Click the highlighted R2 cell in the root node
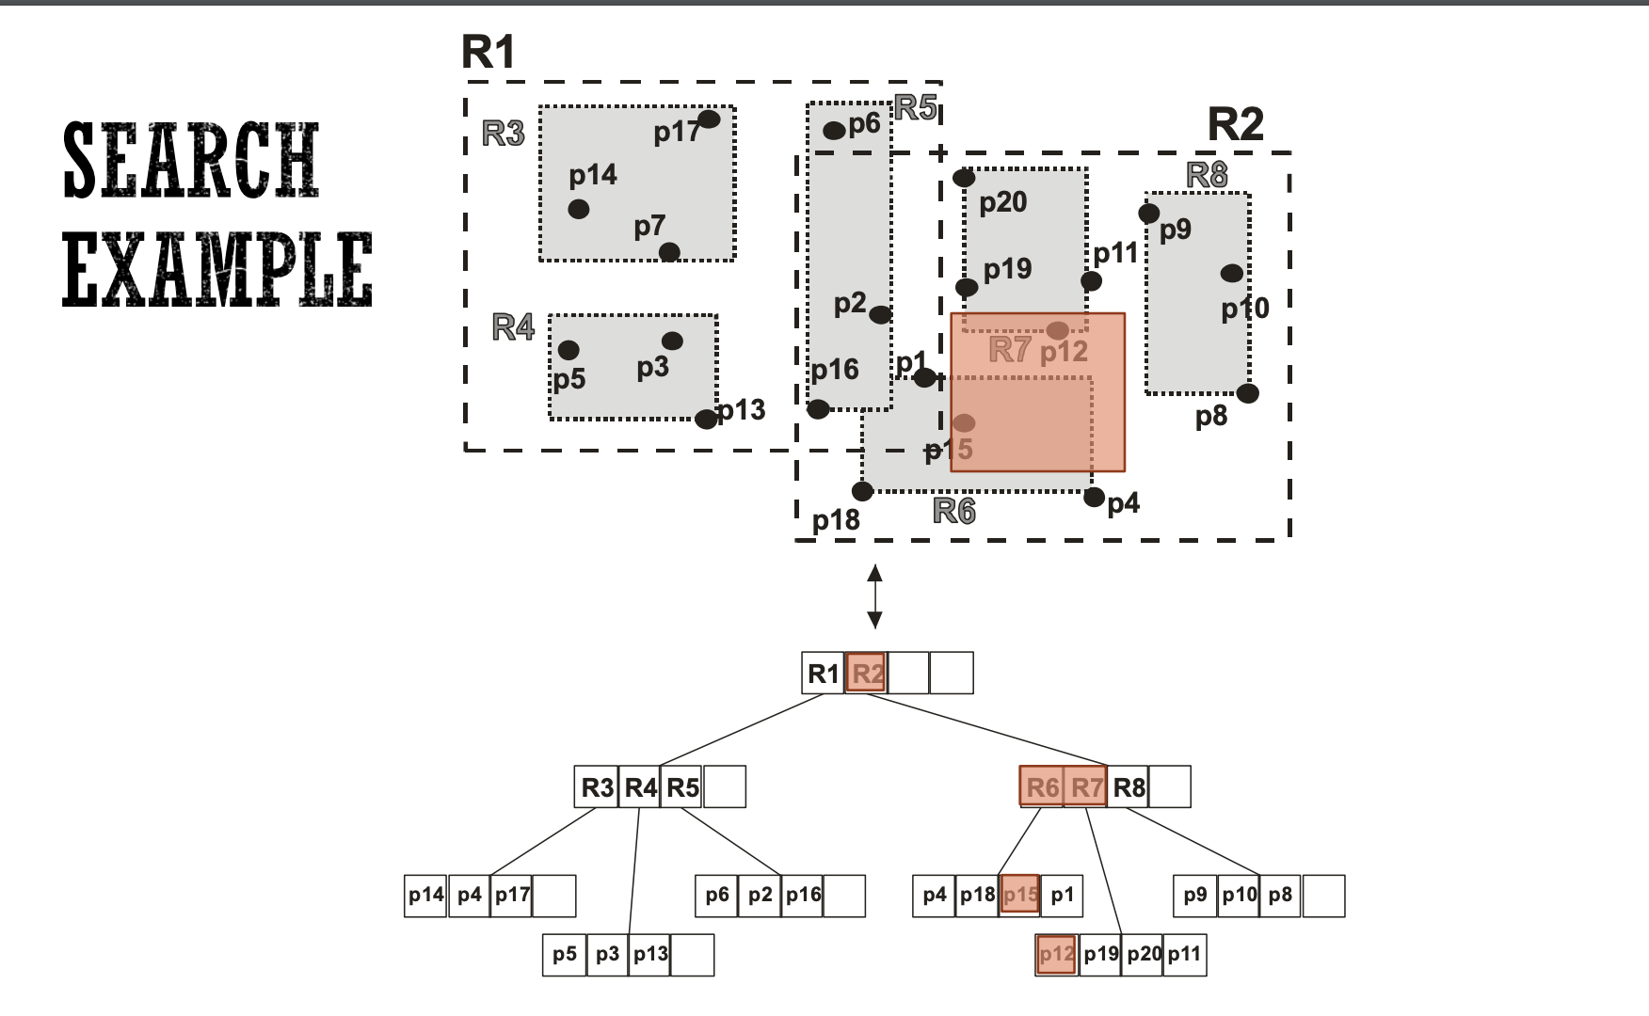866,674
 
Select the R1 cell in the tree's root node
824,674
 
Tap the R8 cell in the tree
1129,786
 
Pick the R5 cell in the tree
682,786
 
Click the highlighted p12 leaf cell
1056,955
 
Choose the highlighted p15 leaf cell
1019,895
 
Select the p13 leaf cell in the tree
649,955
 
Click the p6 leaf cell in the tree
717,895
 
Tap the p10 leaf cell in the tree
1239,895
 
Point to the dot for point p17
709,119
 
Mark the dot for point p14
579,209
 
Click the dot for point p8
1247,393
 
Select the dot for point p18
862,491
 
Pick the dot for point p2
880,314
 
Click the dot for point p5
568,350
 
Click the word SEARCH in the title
191,160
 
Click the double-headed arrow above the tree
874,596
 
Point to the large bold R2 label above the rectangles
1235,123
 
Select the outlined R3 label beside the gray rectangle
504,134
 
